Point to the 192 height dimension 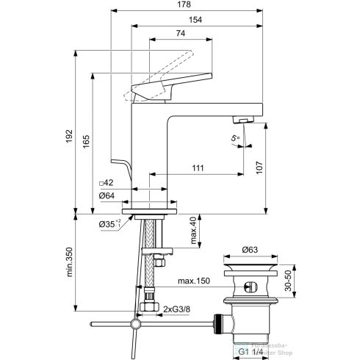pyautogui.click(x=69, y=137)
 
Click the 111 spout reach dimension pyautogui.click(x=198, y=168)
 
